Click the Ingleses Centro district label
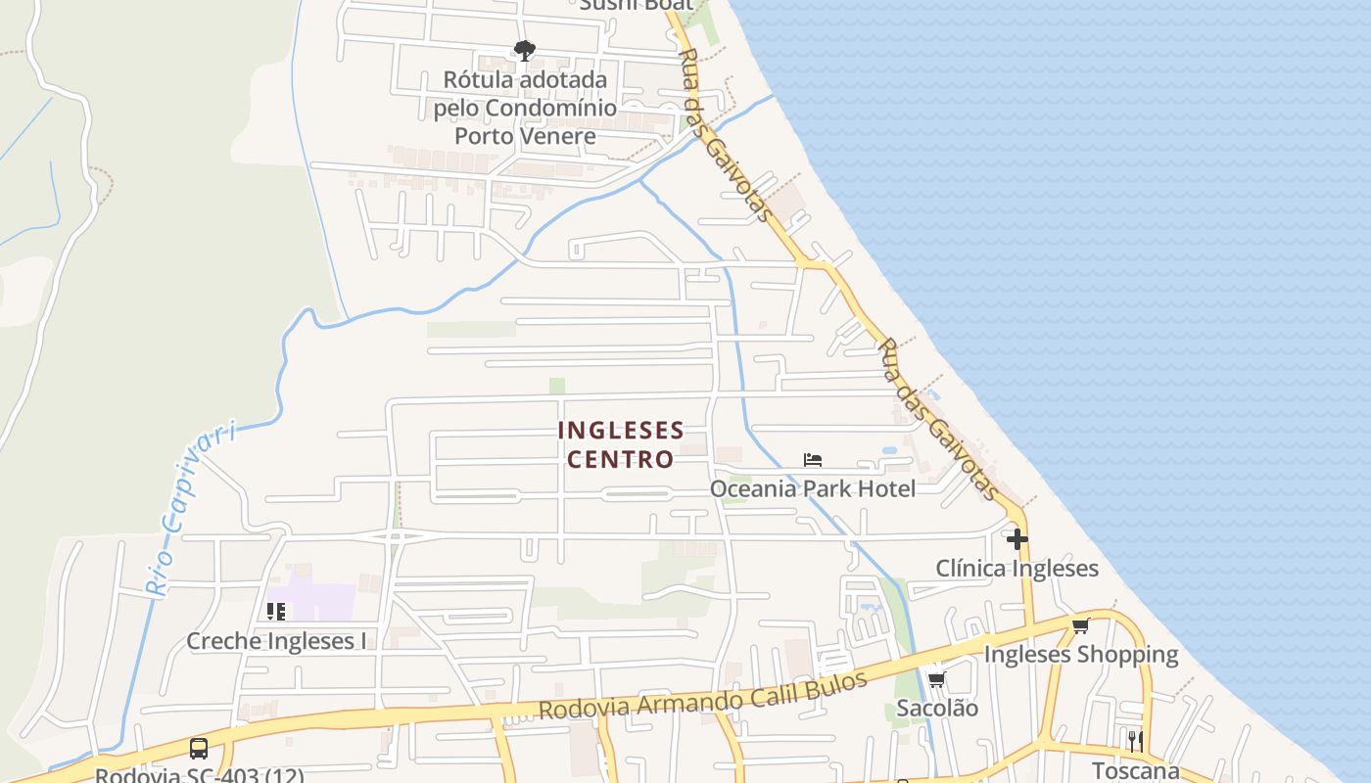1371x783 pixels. (620, 444)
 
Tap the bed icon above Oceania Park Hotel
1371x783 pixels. (813, 459)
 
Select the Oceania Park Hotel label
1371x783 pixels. (813, 488)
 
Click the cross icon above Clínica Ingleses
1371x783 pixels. (1016, 538)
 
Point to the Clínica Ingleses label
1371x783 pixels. (1016, 569)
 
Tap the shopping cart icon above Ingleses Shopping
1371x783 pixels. (1080, 625)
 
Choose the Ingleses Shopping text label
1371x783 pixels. (1080, 654)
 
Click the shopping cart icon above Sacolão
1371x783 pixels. (936, 679)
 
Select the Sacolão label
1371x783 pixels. (936, 708)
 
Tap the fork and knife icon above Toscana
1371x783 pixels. (1135, 740)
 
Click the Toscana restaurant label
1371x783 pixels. (1136, 769)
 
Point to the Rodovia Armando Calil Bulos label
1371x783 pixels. (703, 696)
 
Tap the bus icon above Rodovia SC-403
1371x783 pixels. (199, 749)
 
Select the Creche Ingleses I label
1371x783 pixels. (276, 641)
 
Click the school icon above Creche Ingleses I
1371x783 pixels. (276, 612)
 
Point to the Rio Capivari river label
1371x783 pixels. (190, 509)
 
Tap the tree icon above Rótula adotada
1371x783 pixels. (525, 50)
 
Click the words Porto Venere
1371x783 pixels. (525, 136)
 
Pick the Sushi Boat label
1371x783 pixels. (637, 5)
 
